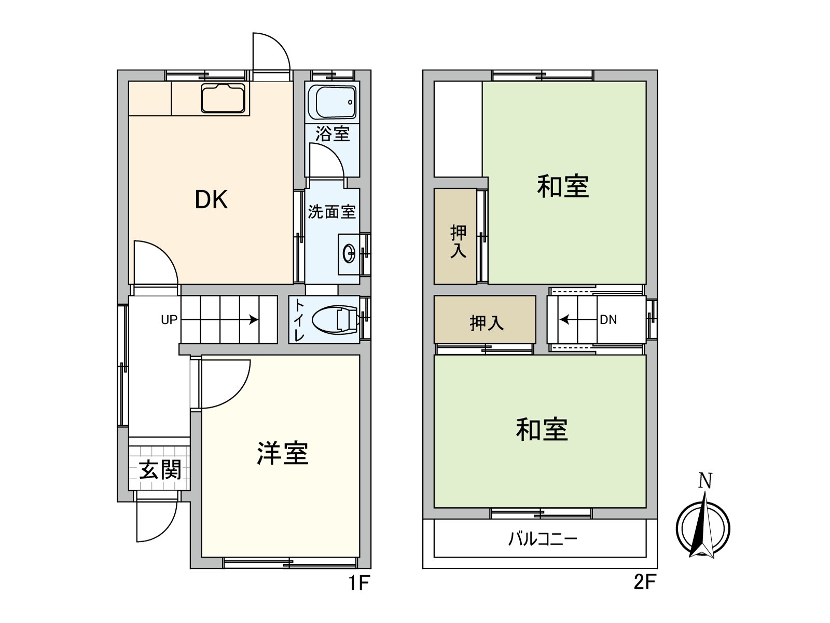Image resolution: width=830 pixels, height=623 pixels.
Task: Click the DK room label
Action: pos(211,199)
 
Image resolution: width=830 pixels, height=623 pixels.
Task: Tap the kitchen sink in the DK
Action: pos(223,98)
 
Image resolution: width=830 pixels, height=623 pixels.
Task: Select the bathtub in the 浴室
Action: pos(332,102)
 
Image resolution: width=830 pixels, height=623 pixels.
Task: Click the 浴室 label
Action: pos(333,134)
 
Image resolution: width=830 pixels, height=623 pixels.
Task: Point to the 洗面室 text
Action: pos(331,212)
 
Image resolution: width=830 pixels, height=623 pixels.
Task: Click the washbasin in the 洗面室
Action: pos(349,254)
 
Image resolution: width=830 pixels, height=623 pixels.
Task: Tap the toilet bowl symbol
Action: pos(336,319)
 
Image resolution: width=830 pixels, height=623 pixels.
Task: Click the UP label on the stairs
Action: pos(169,320)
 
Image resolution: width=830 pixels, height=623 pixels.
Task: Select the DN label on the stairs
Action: pos(608,320)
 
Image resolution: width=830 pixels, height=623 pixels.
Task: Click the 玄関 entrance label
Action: pos(160,470)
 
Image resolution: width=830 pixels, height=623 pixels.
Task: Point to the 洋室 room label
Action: pos(283,453)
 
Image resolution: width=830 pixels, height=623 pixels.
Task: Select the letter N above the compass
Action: pos(704,481)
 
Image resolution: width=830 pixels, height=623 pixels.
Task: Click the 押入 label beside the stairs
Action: pos(486,323)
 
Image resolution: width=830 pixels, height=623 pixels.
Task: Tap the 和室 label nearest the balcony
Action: pos(542,430)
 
